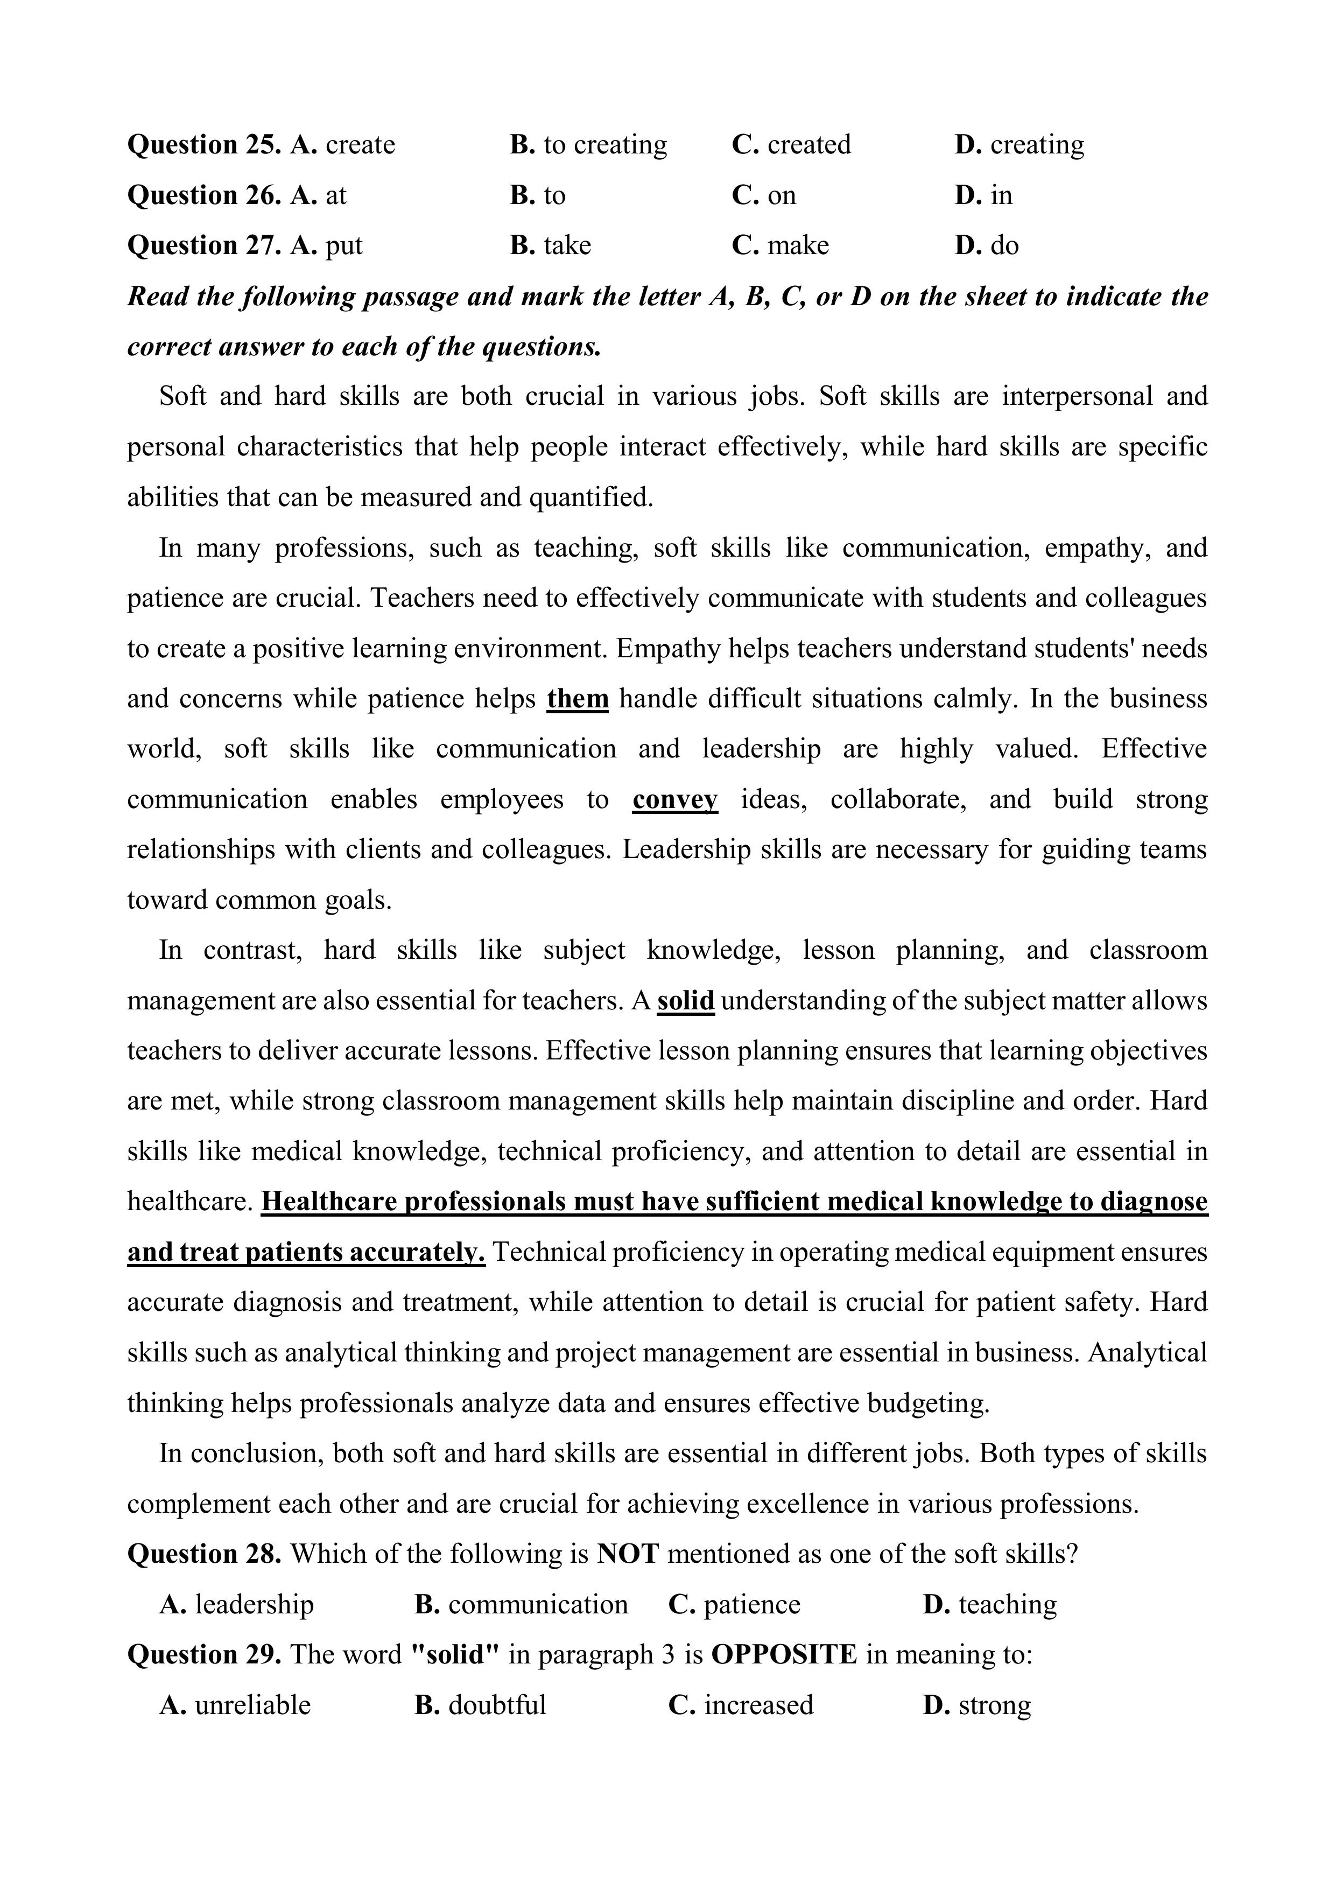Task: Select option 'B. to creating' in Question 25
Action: coord(588,145)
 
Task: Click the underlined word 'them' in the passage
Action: coord(578,699)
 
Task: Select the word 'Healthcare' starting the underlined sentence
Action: coord(329,1202)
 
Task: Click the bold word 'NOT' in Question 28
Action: coord(628,1554)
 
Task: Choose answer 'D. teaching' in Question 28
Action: coord(990,1604)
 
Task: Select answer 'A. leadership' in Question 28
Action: coord(237,1604)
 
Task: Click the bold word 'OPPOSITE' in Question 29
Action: coord(783,1654)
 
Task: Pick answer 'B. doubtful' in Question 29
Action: coord(481,1705)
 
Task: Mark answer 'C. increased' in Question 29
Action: coord(740,1705)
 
